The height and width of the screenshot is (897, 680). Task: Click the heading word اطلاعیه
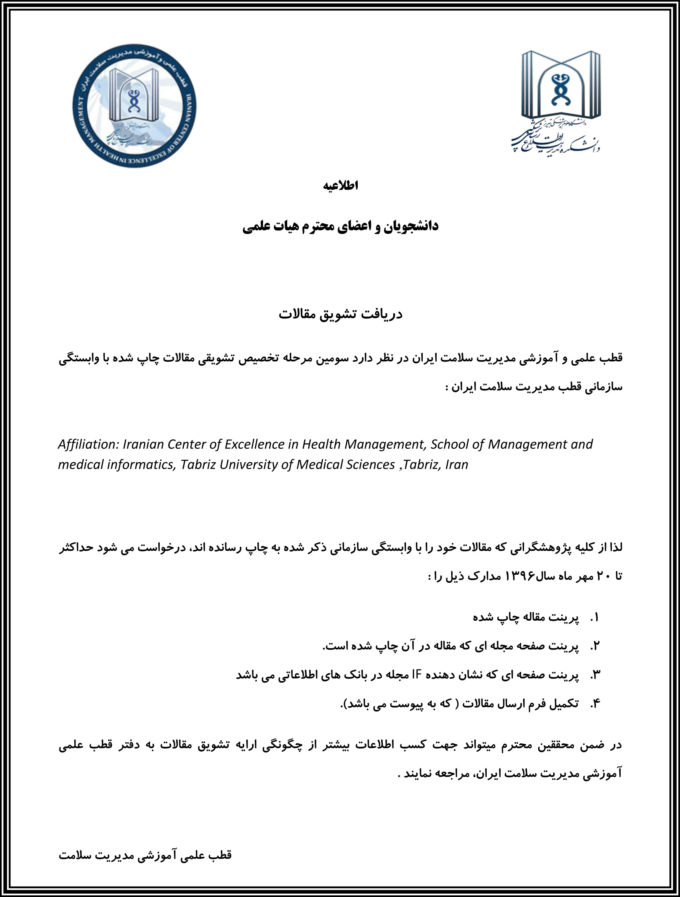[x=340, y=186]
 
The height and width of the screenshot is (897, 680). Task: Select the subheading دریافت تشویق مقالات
[x=340, y=314]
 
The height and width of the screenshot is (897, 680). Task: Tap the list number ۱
[x=594, y=617]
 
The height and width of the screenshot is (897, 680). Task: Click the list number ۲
[x=594, y=646]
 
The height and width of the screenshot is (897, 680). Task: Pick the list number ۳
[x=594, y=675]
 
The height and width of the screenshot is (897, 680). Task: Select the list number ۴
[x=594, y=704]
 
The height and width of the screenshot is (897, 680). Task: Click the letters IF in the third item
[x=417, y=675]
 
